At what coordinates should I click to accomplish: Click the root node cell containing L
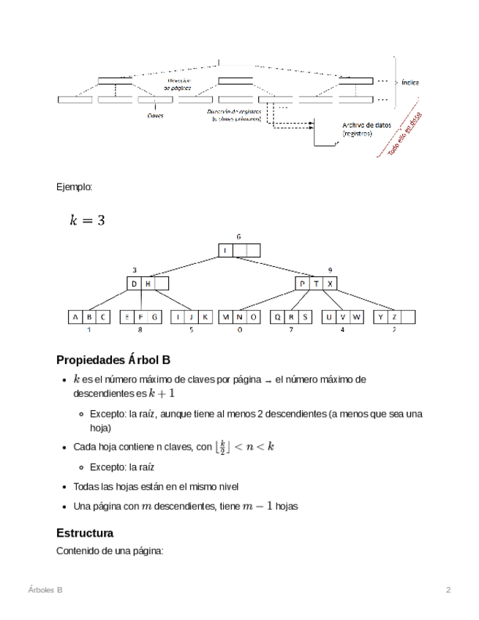click(x=225, y=250)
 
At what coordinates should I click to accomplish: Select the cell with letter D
click(x=134, y=284)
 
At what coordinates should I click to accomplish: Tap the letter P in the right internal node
click(x=303, y=284)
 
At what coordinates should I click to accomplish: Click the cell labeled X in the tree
click(x=331, y=284)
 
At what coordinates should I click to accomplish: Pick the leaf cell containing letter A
click(x=75, y=317)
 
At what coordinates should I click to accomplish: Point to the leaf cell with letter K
click(x=205, y=317)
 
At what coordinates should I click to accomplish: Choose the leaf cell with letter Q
click(x=278, y=317)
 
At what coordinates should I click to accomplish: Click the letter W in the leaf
click(x=356, y=317)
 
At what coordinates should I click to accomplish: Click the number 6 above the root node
click(x=238, y=237)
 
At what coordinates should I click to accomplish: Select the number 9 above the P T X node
click(x=331, y=270)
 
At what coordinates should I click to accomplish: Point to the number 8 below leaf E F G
click(x=140, y=330)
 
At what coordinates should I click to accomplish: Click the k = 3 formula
click(x=87, y=219)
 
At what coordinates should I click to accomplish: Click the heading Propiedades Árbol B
click(x=113, y=360)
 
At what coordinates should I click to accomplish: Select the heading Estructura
click(x=85, y=533)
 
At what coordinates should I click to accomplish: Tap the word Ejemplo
click(x=75, y=187)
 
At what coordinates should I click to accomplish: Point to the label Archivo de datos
click(x=366, y=125)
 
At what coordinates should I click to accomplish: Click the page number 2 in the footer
click(x=448, y=589)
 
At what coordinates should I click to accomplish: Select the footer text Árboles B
click(x=45, y=589)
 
